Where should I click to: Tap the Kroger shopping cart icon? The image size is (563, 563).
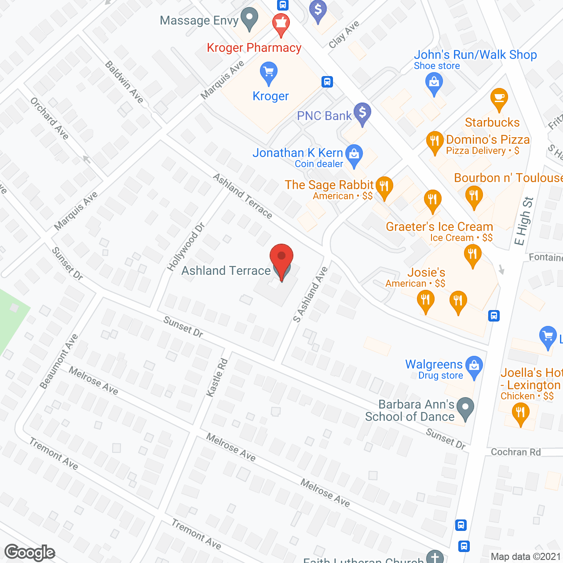pyautogui.click(x=268, y=73)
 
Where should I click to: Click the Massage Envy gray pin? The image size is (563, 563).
pyautogui.click(x=250, y=18)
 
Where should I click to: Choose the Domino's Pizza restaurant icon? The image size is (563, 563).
pyautogui.click(x=435, y=142)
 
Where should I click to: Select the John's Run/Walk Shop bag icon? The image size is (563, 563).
pyautogui.click(x=434, y=83)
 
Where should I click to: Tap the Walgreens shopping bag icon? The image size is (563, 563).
pyautogui.click(x=474, y=366)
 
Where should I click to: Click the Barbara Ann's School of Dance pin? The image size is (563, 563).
pyautogui.click(x=465, y=408)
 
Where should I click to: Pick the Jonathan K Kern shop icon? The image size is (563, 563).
pyautogui.click(x=354, y=155)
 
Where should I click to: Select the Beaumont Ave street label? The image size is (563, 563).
pyautogui.click(x=59, y=362)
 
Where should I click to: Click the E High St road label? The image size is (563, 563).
pyautogui.click(x=524, y=221)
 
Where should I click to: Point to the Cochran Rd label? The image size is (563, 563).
pyautogui.click(x=515, y=452)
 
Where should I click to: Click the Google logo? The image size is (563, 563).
pyautogui.click(x=30, y=552)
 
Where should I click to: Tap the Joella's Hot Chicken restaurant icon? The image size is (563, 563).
pyautogui.click(x=520, y=414)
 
